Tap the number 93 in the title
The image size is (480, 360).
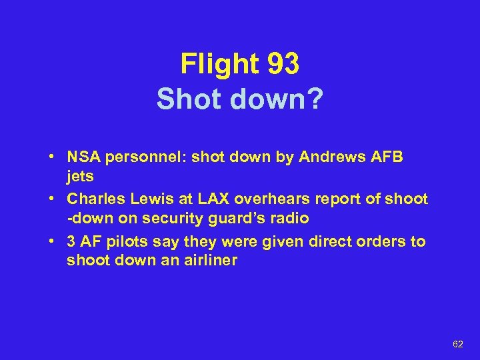tap(283, 64)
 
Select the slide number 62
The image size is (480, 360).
tap(457, 344)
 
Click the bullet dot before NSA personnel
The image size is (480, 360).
tap(51, 157)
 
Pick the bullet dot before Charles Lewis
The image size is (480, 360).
tap(51, 199)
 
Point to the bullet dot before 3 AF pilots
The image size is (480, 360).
tap(51, 241)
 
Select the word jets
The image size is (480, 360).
tap(80, 177)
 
